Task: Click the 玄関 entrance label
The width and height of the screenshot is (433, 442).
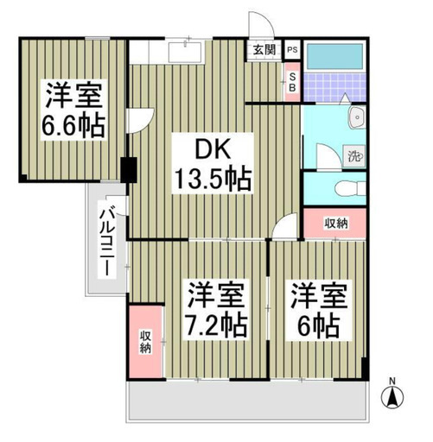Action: point(264,50)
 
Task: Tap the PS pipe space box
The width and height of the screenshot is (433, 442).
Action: point(292,49)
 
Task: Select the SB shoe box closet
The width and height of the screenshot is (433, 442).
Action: point(292,82)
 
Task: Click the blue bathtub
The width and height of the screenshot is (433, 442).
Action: point(334,56)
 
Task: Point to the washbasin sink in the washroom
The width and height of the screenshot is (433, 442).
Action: point(357,117)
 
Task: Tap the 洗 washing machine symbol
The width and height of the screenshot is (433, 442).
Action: point(354,156)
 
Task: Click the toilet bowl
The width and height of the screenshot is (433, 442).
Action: point(350,188)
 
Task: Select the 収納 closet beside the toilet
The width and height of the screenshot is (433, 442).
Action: point(334,223)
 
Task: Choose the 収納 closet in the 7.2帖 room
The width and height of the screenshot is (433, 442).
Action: point(145,342)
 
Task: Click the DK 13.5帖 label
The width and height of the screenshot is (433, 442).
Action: point(213,163)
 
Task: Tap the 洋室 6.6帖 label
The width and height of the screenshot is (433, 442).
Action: point(73,110)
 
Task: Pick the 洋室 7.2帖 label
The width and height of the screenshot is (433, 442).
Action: point(216,310)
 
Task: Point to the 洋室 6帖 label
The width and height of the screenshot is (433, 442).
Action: point(318,310)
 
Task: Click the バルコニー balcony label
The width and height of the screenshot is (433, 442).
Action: point(107,239)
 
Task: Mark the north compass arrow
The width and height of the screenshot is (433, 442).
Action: point(392,398)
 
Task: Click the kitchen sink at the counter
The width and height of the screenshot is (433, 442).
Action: point(186,52)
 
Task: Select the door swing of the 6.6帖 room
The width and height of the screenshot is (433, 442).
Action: point(141,120)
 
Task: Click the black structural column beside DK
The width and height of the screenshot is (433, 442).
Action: point(129,170)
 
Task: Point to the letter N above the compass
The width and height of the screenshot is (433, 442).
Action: point(392,382)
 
